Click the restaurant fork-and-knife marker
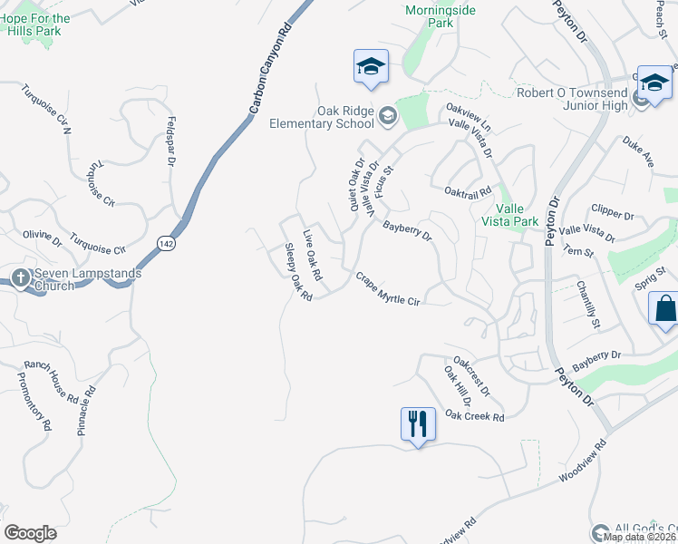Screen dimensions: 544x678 [x=417, y=423]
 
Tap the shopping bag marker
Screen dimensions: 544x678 [x=664, y=308]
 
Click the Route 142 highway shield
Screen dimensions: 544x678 [x=165, y=244]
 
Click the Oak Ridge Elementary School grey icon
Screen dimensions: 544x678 [x=388, y=115]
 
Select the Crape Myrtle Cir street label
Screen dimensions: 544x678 [x=388, y=289]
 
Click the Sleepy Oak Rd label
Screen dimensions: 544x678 [x=298, y=272]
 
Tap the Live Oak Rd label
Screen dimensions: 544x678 [x=313, y=253]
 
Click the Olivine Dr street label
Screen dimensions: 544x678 [x=43, y=238]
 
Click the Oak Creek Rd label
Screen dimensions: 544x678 [x=474, y=415]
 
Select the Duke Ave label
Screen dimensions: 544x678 [x=637, y=151]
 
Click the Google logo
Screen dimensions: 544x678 [x=30, y=533]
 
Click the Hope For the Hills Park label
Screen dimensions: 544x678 [x=37, y=24]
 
